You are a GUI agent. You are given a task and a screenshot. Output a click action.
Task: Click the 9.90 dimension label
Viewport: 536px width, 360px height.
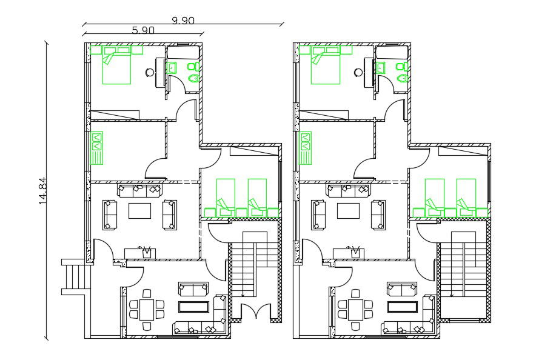(x=183, y=21)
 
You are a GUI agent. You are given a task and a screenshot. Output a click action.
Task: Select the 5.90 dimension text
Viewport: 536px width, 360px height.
(x=143, y=30)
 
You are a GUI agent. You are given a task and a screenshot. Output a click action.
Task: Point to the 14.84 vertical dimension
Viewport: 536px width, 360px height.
(x=42, y=190)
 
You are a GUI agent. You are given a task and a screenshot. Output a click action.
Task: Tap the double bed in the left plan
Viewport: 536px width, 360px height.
(x=116, y=65)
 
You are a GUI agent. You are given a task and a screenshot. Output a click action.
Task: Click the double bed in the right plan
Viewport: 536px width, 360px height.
(x=325, y=65)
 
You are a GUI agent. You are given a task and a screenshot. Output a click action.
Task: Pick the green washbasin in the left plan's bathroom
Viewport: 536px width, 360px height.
(x=171, y=68)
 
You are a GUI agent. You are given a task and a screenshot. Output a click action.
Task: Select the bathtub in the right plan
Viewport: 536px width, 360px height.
(x=392, y=52)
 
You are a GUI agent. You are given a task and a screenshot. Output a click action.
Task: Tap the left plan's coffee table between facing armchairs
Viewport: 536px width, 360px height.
(x=139, y=211)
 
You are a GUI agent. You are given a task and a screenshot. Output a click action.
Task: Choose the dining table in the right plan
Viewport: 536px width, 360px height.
(x=355, y=310)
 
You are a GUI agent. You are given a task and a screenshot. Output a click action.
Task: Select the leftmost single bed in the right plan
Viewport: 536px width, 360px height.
(x=435, y=198)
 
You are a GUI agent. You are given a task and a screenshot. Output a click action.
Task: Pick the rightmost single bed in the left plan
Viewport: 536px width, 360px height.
(x=257, y=198)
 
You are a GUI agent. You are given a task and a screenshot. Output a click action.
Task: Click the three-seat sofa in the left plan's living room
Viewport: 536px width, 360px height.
(x=140, y=190)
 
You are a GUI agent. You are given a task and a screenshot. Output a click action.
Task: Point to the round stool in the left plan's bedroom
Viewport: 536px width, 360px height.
(x=150, y=72)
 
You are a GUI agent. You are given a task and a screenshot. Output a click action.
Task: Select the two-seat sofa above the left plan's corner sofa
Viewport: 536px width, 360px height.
(x=193, y=289)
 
